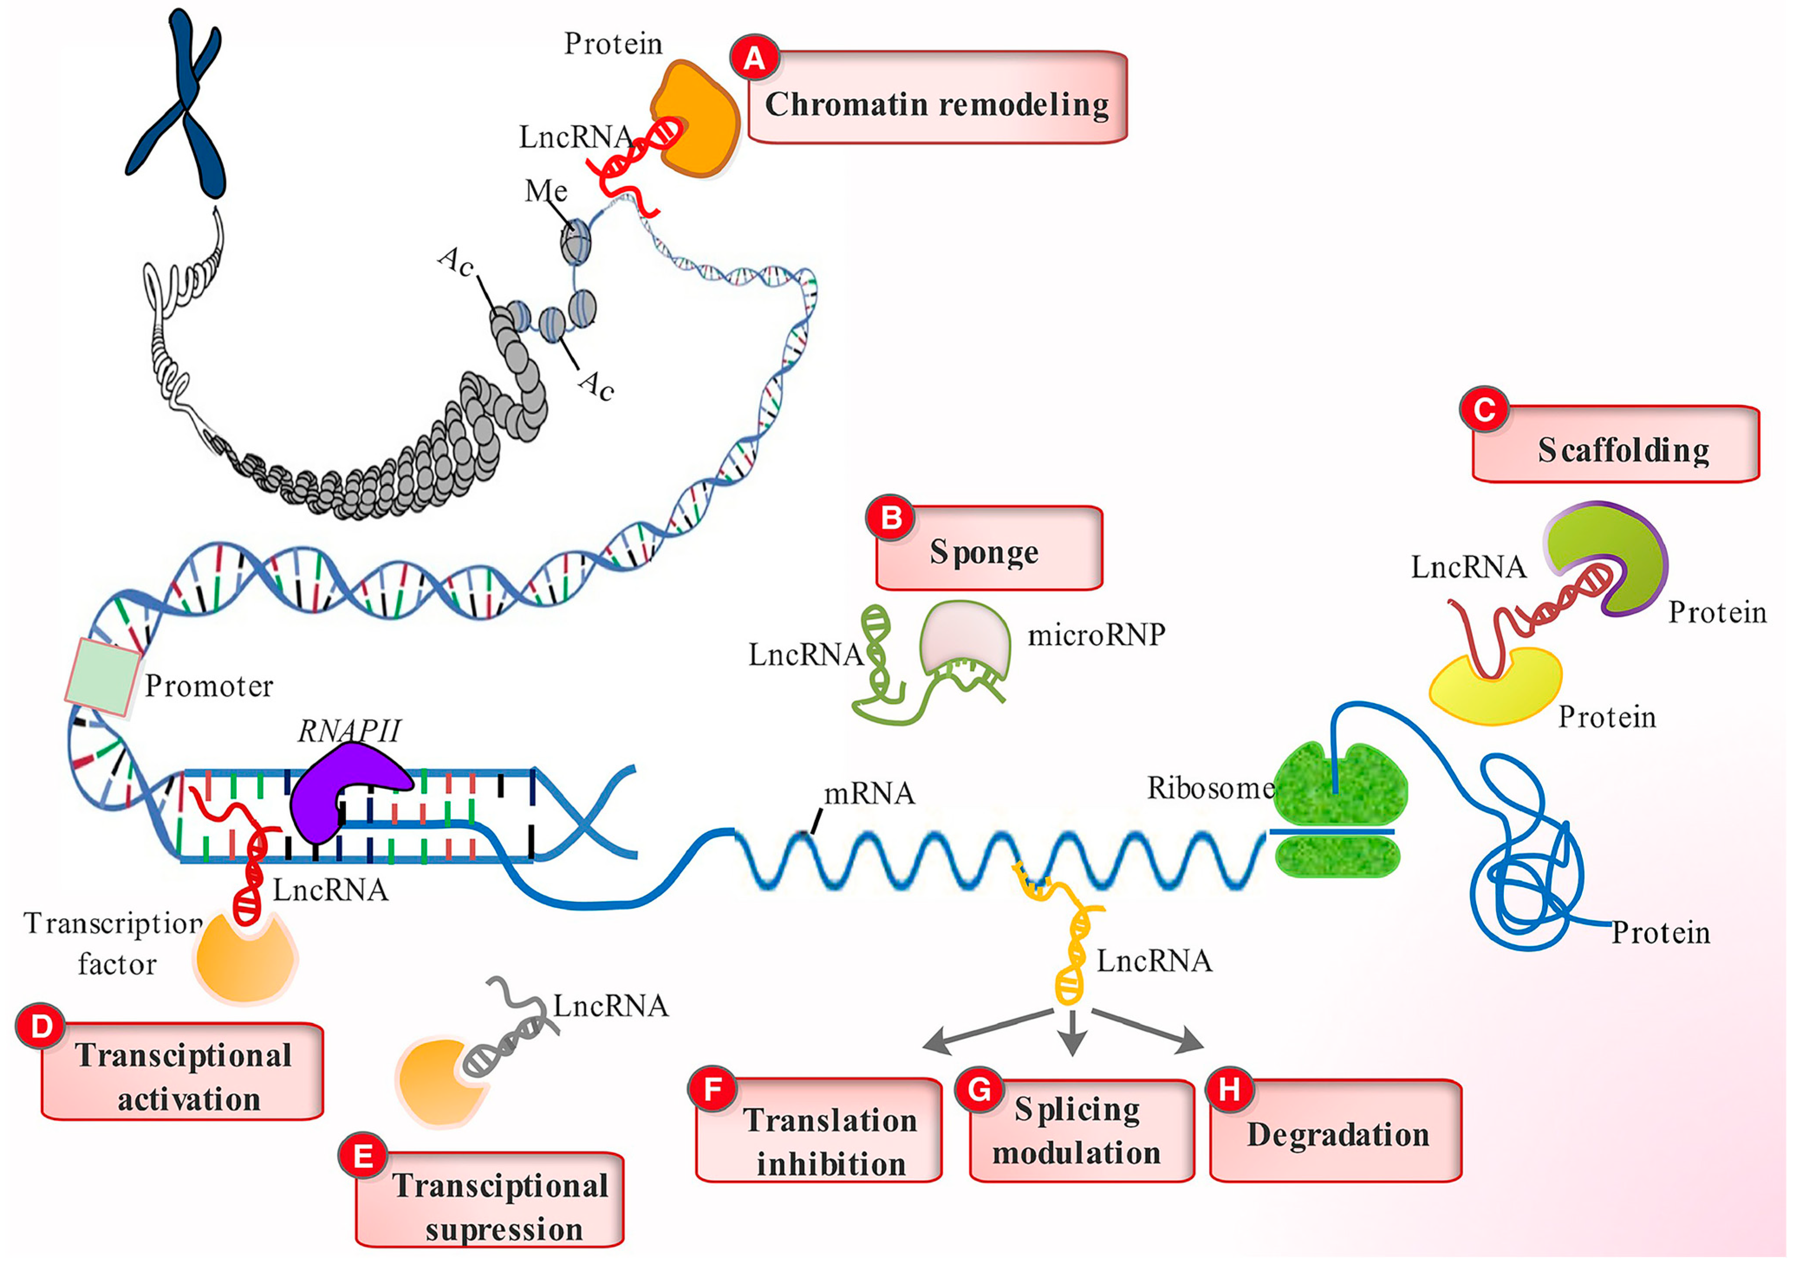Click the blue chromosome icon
tap(179, 106)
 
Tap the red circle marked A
tap(754, 59)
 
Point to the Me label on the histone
tap(546, 191)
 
